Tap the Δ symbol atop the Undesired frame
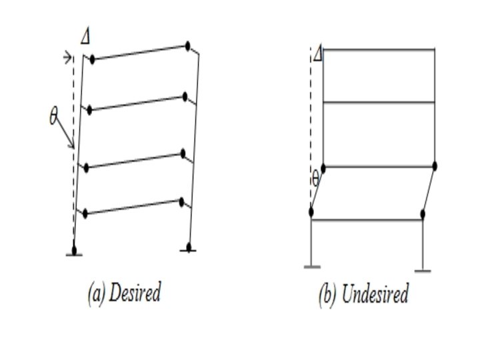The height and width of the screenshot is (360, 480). point(318,54)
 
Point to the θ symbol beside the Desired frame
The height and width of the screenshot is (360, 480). point(53,117)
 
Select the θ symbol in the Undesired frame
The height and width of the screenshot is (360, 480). point(315,179)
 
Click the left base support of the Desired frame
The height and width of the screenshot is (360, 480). point(73,251)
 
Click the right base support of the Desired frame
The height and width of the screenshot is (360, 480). point(189,249)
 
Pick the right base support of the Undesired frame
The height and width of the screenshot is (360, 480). point(422,270)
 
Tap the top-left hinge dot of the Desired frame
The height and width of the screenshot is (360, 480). point(92,59)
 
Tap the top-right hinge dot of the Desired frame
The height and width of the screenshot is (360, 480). point(189,47)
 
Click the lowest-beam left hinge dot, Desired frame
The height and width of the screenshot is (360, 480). point(85,213)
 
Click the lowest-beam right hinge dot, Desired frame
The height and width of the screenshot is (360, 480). point(181,200)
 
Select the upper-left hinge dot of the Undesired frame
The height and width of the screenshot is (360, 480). point(323,167)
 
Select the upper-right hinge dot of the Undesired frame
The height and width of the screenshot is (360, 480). point(435,166)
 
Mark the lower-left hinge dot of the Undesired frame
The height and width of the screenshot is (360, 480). point(311,212)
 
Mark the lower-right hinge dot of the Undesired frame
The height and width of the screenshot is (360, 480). point(423,214)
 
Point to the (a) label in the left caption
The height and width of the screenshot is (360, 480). point(97,293)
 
